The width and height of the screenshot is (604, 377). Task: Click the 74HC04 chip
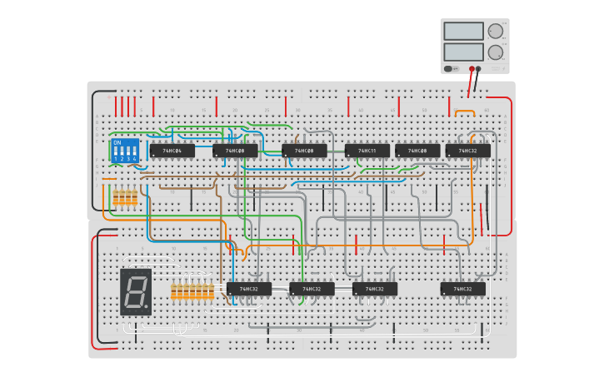pyautogui.click(x=172, y=151)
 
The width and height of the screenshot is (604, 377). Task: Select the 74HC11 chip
pyautogui.click(x=367, y=151)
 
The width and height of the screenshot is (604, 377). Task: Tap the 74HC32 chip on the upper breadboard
pyautogui.click(x=467, y=151)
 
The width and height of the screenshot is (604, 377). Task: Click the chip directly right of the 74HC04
pyautogui.click(x=235, y=151)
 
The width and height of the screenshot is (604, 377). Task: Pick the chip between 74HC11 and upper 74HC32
pyautogui.click(x=417, y=151)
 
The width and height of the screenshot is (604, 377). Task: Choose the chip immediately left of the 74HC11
pyautogui.click(x=304, y=151)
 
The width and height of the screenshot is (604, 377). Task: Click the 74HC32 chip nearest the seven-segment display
pyautogui.click(x=249, y=289)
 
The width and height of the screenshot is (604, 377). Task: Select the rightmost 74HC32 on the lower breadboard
pyautogui.click(x=463, y=289)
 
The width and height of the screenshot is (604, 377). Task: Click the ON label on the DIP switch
pyautogui.click(x=117, y=142)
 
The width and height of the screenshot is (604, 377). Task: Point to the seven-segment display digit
pyautogui.click(x=135, y=291)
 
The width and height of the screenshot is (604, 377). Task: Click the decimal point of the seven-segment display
pyautogui.click(x=147, y=307)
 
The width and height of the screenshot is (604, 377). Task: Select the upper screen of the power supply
pyautogui.click(x=463, y=31)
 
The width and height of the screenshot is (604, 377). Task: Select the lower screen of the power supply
pyautogui.click(x=463, y=52)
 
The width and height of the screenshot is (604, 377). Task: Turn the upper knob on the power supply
pyautogui.click(x=496, y=31)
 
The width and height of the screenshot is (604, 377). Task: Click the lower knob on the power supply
pyautogui.click(x=496, y=52)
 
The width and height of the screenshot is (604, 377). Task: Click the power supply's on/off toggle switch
pyautogui.click(x=450, y=69)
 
